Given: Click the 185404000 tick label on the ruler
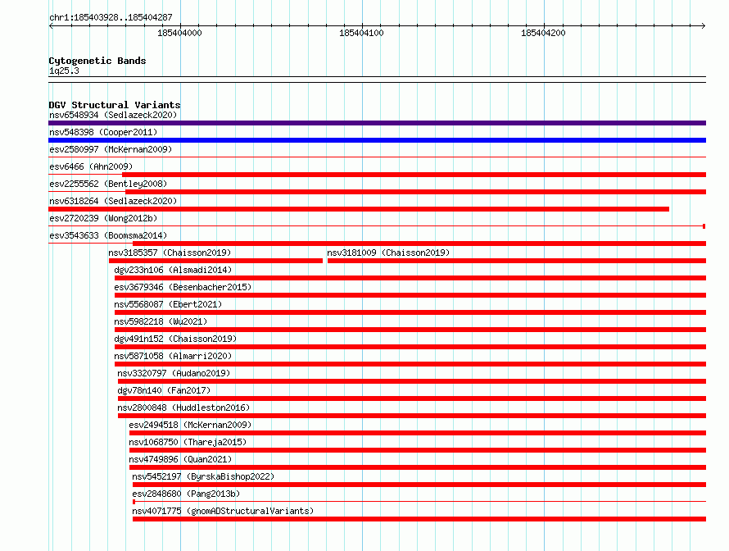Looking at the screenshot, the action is (x=179, y=33).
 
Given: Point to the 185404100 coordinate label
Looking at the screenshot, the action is (x=361, y=33).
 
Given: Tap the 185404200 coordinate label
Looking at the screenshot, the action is (x=543, y=33).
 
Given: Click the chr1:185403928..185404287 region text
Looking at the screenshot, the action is (x=111, y=17).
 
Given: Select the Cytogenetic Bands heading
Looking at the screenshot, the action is (x=97, y=61).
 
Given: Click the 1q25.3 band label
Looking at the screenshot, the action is (x=64, y=71).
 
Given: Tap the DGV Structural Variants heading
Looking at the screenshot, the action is (x=115, y=105).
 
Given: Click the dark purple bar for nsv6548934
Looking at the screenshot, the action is (x=377, y=123).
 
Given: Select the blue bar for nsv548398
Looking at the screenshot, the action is (x=377, y=140).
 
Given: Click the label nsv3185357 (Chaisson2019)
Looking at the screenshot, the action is (x=170, y=253).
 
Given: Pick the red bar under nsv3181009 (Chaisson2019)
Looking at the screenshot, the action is (x=517, y=261).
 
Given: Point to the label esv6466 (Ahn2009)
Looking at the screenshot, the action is (x=91, y=166).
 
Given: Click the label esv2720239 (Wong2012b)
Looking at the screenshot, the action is (x=103, y=218).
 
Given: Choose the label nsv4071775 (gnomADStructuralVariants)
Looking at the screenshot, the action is (x=223, y=511).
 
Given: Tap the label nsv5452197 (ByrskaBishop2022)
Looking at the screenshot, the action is (x=203, y=476).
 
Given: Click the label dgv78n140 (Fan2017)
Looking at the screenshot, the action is (x=164, y=390).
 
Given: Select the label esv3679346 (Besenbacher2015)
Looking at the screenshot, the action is (x=183, y=287).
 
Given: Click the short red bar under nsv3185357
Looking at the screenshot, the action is (x=215, y=261).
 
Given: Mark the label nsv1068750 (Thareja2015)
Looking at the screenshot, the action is (x=188, y=442).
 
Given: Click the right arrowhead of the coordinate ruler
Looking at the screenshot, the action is (x=704, y=26).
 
